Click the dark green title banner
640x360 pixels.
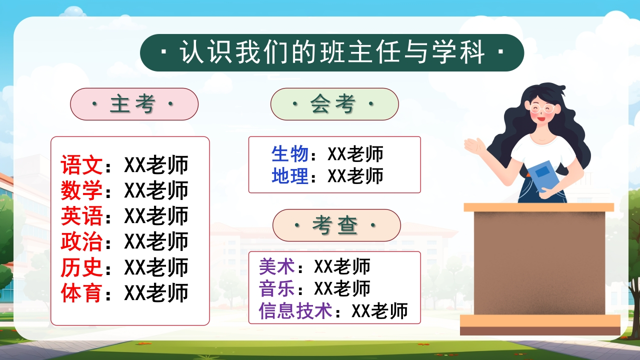[x=332, y=52]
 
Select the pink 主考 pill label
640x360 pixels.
[x=134, y=104]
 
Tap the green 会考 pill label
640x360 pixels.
[x=334, y=104]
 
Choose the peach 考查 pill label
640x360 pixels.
[x=336, y=225]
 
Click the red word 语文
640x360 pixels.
[x=81, y=165]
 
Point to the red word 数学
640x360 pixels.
[x=81, y=190]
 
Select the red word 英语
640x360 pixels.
[x=81, y=216]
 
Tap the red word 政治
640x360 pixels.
[x=81, y=241]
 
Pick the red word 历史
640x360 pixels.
[x=81, y=267]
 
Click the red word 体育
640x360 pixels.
[x=81, y=293]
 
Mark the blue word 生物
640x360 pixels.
[x=290, y=154]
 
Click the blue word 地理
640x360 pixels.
[x=290, y=175]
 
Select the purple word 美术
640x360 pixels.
[x=277, y=266]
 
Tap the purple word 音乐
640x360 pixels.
[x=277, y=288]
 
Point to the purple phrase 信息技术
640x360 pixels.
[x=295, y=311]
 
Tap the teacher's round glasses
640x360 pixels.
[x=542, y=109]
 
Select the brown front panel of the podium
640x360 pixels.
[x=539, y=263]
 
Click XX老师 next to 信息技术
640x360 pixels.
[x=379, y=311]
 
